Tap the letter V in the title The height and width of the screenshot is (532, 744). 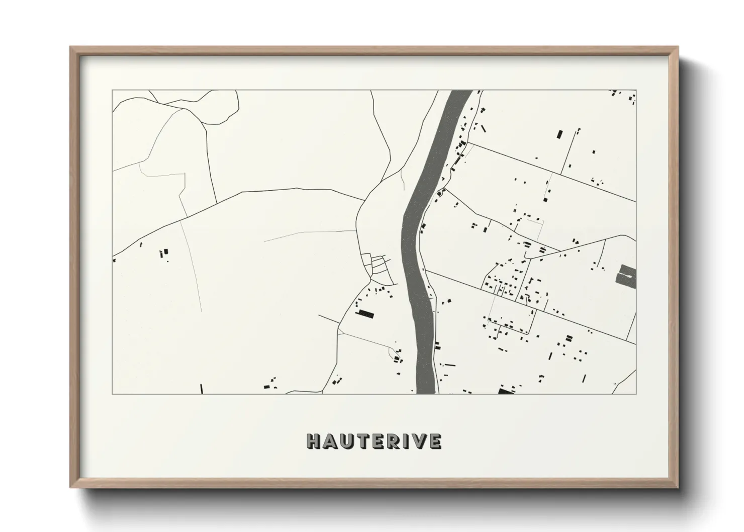[x=419, y=441]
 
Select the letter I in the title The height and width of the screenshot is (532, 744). [x=406, y=441]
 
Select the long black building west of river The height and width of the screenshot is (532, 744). [x=365, y=314]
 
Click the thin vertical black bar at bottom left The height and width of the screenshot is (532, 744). [x=202, y=389]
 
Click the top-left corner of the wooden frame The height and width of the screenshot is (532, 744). [x=71, y=47]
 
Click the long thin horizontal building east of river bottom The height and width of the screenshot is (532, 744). [x=449, y=365]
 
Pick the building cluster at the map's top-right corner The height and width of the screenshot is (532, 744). [x=623, y=97]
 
